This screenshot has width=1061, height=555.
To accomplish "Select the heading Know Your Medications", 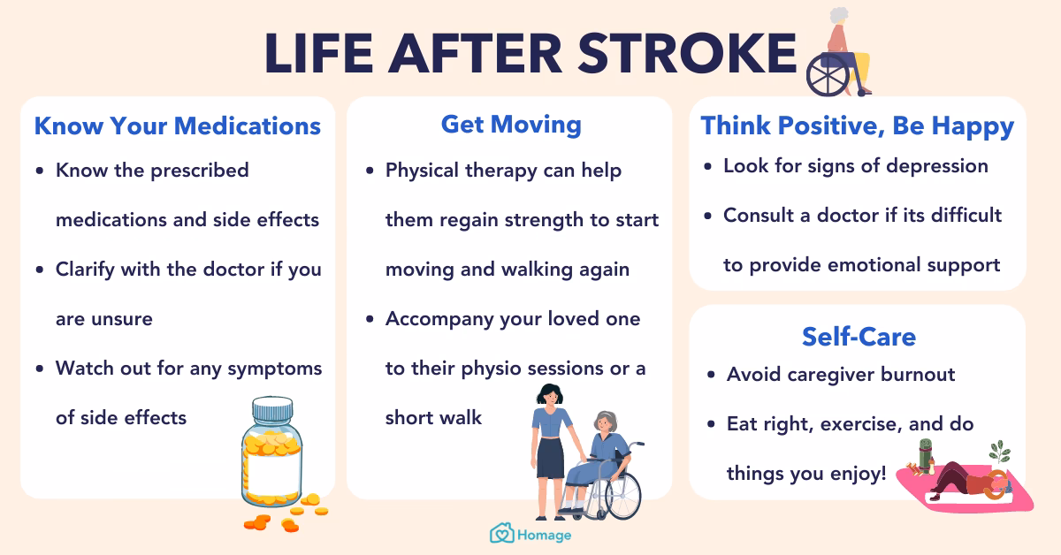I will (177, 125).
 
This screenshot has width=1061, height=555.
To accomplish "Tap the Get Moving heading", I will (511, 125).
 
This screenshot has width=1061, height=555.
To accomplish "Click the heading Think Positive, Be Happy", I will (857, 125).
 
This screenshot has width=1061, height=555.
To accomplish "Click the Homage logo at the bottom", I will (530, 534).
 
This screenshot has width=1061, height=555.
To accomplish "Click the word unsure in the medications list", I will (123, 319).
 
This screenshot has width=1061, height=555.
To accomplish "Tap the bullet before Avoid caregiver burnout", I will (712, 376).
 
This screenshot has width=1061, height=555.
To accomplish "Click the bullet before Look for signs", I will (708, 166).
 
